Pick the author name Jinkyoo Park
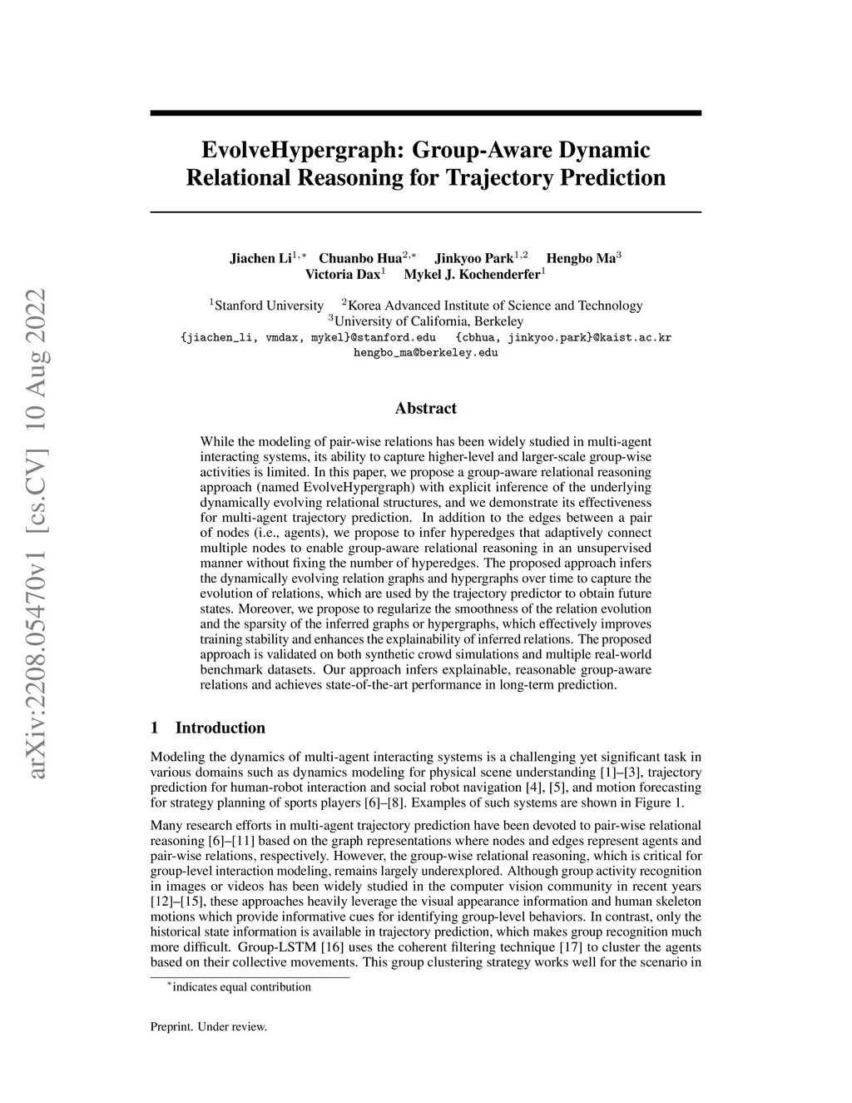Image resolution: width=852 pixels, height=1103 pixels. pyautogui.click(x=473, y=258)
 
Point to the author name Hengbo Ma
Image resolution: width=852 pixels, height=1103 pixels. pyautogui.click(x=580, y=258)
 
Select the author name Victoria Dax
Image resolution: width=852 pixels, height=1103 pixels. pyautogui.click(x=342, y=274)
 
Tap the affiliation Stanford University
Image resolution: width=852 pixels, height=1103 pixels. pyautogui.click(x=269, y=306)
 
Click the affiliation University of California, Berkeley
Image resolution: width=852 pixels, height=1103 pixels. pyautogui.click(x=428, y=321)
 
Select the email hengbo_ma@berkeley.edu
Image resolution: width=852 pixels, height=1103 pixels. pyautogui.click(x=426, y=353)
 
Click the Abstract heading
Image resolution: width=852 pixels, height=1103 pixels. pyautogui.click(x=425, y=408)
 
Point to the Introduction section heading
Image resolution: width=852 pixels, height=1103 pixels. pyautogui.click(x=220, y=728)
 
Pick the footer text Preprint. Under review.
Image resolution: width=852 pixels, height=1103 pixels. pyautogui.click(x=208, y=1026)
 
